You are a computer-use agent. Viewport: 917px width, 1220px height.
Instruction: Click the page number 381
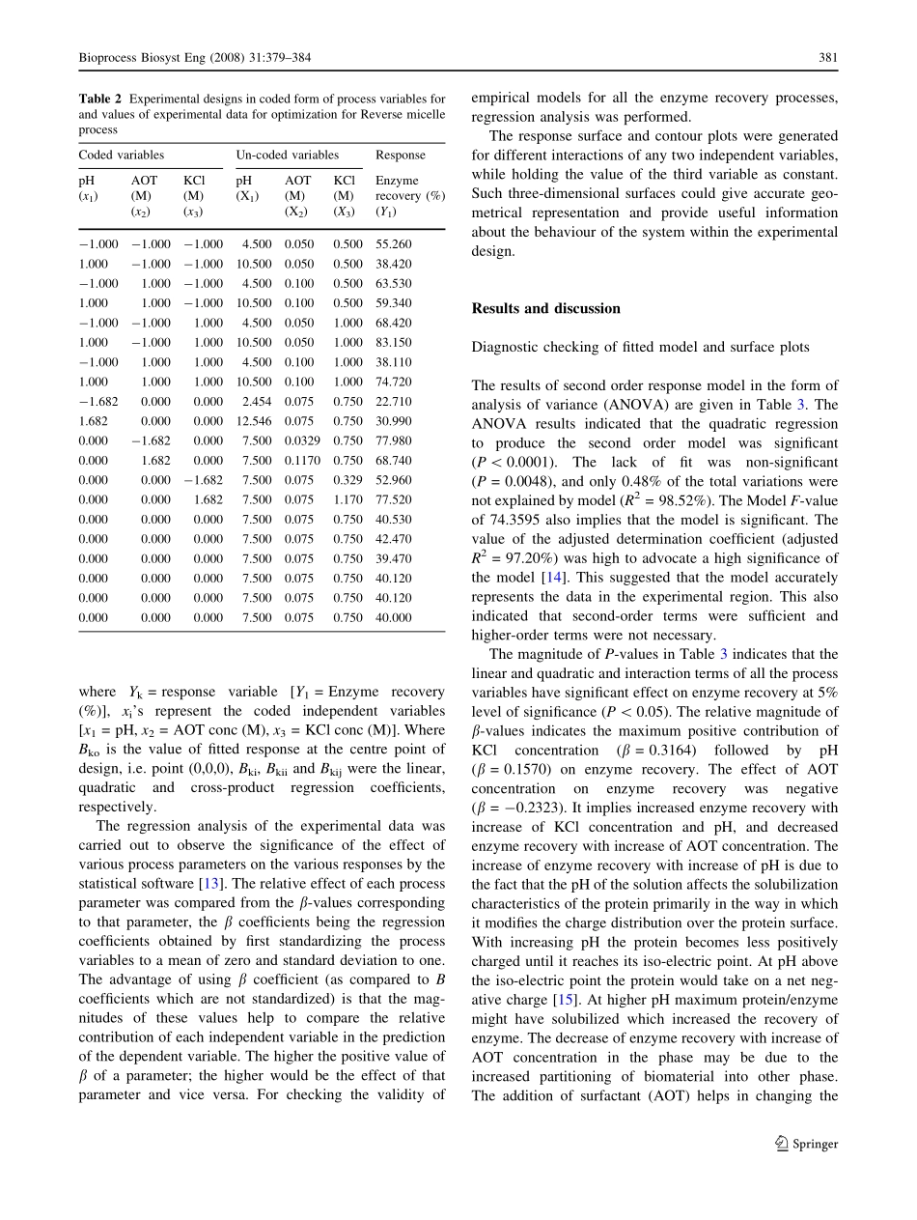point(828,58)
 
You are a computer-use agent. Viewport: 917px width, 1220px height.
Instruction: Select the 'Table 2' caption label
point(99,99)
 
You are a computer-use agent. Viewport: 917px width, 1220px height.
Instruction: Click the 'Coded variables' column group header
point(121,155)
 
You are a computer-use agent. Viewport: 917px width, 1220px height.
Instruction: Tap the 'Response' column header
point(400,155)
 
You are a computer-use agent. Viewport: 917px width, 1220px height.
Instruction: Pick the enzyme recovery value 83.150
point(393,342)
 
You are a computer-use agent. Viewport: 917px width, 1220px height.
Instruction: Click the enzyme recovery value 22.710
point(393,402)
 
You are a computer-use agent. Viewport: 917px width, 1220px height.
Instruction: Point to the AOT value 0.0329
point(304,441)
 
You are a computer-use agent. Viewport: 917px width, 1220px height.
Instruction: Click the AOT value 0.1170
point(304,461)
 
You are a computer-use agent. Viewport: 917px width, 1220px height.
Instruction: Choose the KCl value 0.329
point(347,480)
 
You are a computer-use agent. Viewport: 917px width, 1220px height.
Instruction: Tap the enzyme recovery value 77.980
point(393,441)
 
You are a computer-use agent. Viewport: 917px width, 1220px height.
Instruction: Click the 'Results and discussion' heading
point(545,309)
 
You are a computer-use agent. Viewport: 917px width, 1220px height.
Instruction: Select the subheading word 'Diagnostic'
point(502,348)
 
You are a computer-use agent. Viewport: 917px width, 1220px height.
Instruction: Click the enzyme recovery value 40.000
point(393,617)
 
